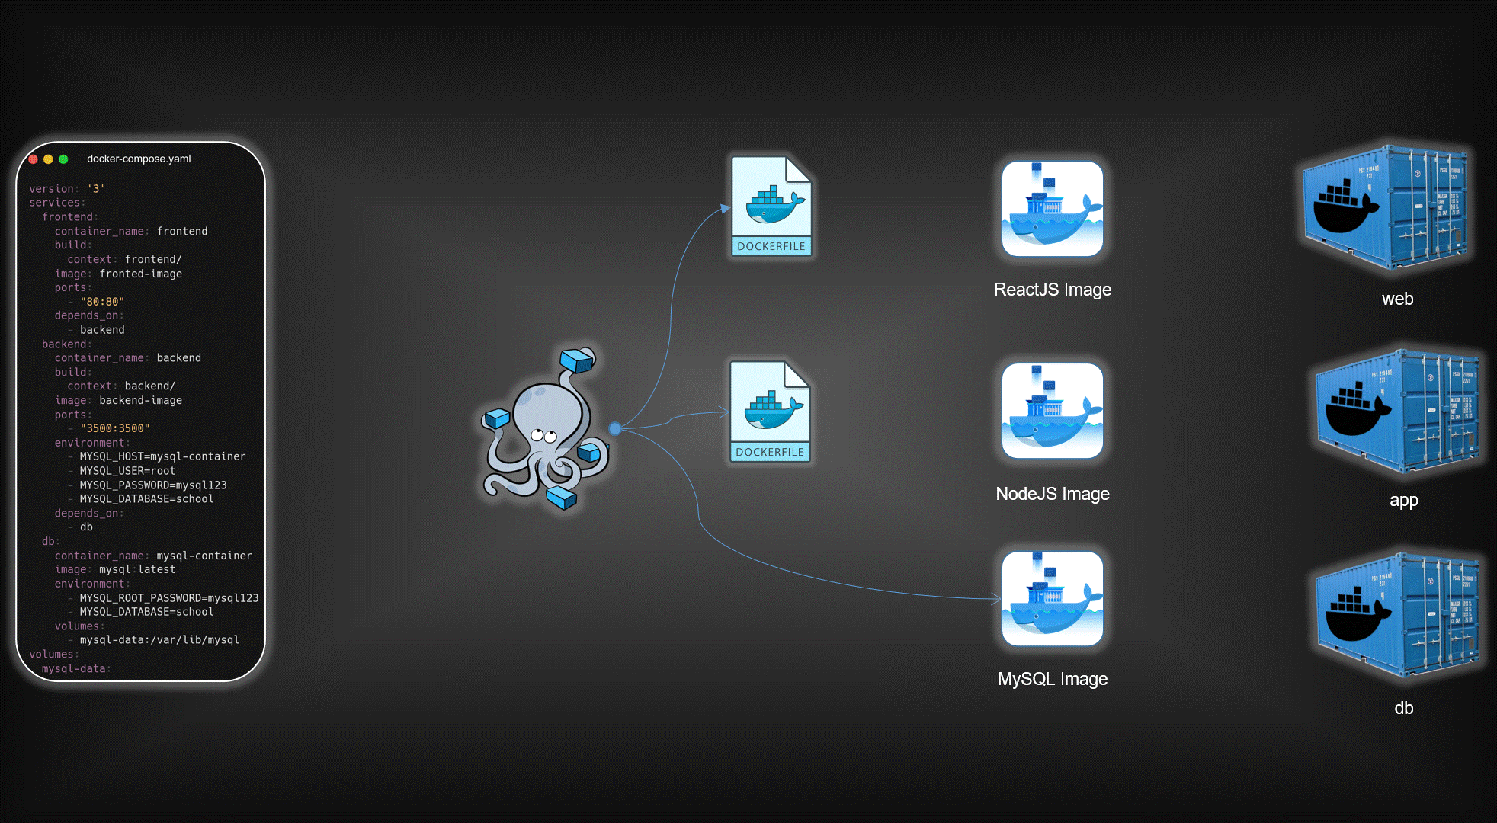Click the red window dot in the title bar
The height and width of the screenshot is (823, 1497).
click(34, 159)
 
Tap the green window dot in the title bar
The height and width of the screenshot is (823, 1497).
click(64, 159)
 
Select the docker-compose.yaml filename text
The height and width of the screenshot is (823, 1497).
click(139, 159)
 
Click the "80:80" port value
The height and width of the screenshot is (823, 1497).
click(102, 302)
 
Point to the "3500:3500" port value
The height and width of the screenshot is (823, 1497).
click(114, 428)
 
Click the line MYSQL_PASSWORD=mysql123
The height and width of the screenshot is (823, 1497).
click(152, 485)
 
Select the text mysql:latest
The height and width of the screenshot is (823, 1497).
click(137, 569)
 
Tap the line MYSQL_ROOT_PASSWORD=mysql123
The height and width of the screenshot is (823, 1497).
click(168, 597)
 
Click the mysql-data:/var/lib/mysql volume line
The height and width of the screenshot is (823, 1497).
click(159, 640)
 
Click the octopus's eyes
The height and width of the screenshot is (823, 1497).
click(543, 436)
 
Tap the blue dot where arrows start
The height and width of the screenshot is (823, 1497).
click(615, 428)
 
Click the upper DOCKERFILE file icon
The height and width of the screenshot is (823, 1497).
click(771, 206)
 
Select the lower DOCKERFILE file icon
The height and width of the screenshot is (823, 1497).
click(770, 411)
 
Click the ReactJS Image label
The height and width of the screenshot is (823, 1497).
click(1052, 290)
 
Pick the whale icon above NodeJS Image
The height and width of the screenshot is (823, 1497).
click(1052, 411)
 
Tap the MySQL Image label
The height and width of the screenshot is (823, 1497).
click(1052, 679)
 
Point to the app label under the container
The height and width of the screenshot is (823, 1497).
click(1403, 501)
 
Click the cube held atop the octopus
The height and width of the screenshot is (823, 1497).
click(577, 360)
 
